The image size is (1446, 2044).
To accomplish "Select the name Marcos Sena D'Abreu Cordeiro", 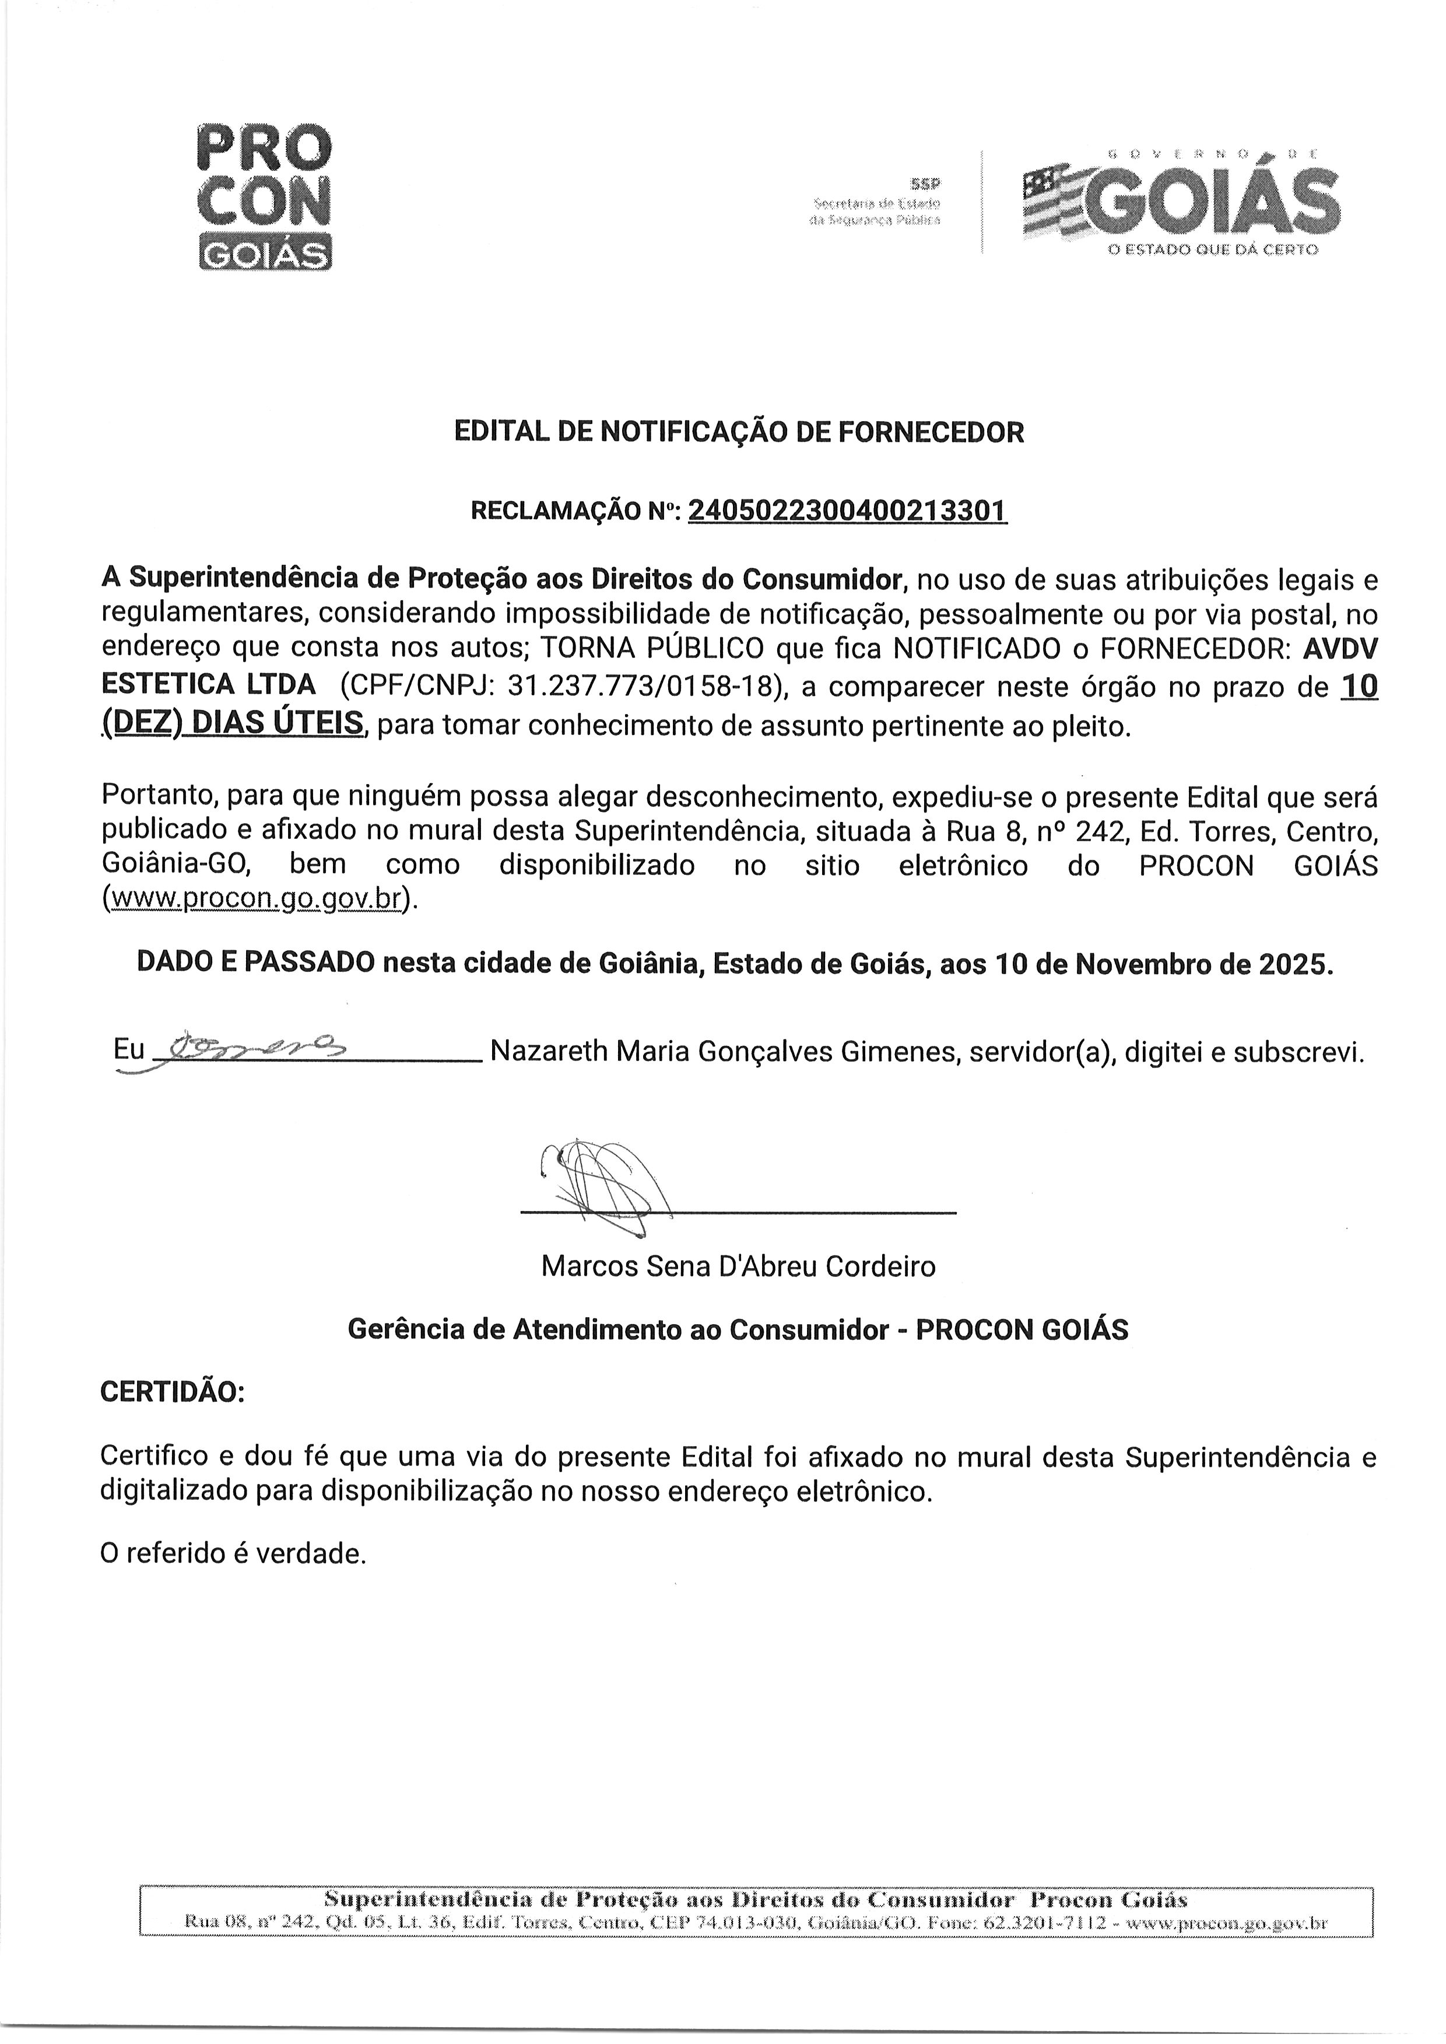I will coord(738,1266).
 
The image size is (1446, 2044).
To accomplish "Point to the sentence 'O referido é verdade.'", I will coord(233,1554).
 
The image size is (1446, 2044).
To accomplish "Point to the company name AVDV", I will coord(1341,647).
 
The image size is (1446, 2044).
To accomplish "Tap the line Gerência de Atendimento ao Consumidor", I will coord(618,1330).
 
